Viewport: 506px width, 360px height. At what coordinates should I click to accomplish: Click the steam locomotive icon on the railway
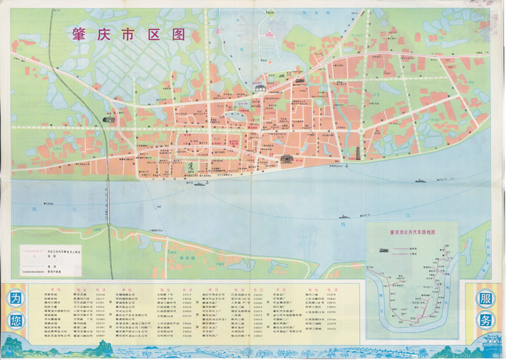tap(108, 118)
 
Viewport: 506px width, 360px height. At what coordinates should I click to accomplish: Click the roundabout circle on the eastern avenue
tap(361, 130)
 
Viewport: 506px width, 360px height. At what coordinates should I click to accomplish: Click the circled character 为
tap(16, 299)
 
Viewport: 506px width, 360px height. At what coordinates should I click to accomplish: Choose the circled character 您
tap(16, 320)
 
